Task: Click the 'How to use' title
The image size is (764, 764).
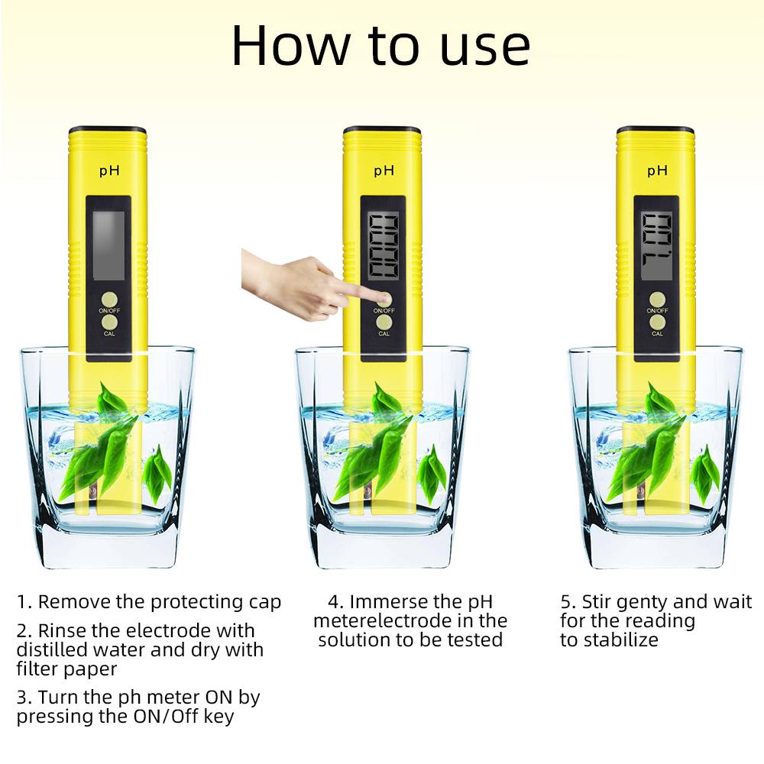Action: point(380,46)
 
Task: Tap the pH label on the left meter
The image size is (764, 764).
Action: point(108,171)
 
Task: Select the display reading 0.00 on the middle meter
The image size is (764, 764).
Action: point(384,244)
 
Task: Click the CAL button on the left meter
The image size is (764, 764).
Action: point(110,324)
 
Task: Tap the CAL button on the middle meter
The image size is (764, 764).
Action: point(384,324)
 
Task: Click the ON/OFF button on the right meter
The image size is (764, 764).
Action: point(657,299)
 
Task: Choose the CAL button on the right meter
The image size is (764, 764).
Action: point(657,324)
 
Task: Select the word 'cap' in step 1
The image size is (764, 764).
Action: point(264,602)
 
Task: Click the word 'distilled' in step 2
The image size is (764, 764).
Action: point(50,650)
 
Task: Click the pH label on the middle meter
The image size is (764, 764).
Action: point(384,171)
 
